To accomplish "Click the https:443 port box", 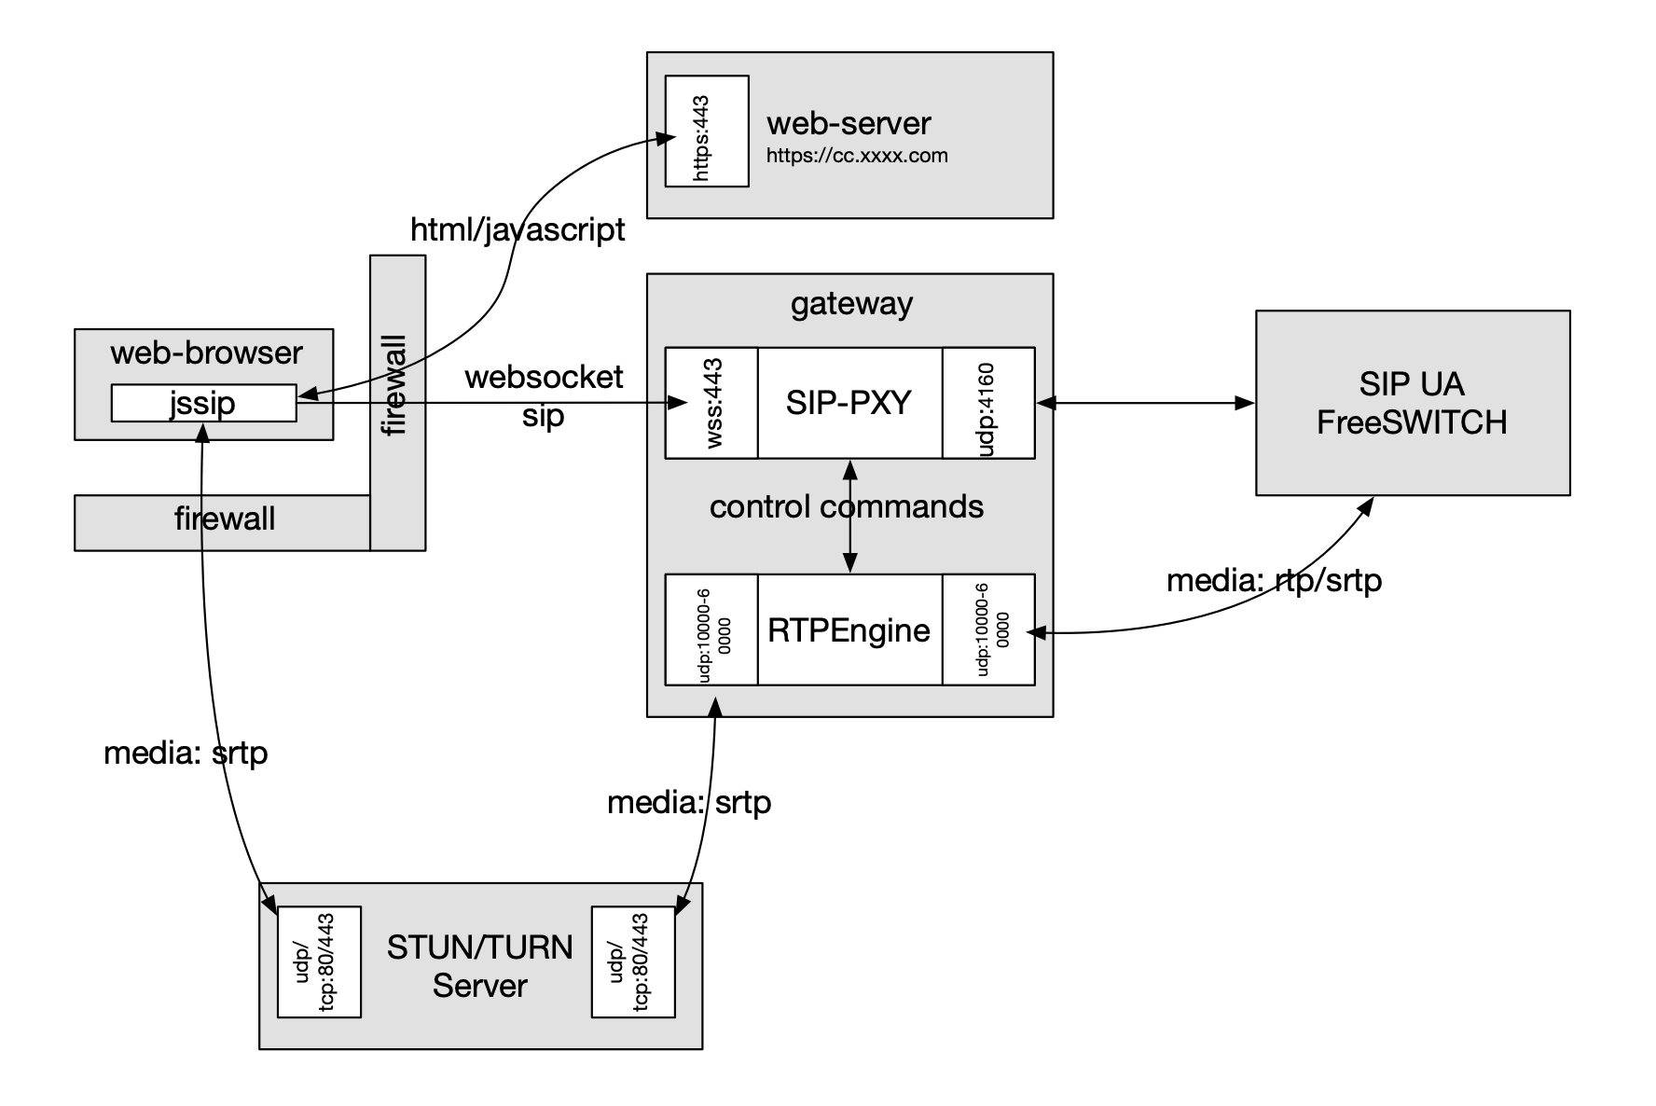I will click(706, 131).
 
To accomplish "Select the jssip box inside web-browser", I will click(203, 403).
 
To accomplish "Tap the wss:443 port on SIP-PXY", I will click(711, 403).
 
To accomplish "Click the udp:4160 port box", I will click(988, 403).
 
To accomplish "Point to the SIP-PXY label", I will click(849, 403).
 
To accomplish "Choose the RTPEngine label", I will click(849, 630).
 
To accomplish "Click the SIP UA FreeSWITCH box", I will click(1412, 403).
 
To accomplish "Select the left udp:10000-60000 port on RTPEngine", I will click(711, 630).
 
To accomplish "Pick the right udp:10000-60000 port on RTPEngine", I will click(988, 630).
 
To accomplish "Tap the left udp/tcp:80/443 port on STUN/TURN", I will click(319, 962).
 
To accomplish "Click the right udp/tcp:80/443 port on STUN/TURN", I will click(633, 962).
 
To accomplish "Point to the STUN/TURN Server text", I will click(479, 966).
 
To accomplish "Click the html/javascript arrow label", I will click(517, 229).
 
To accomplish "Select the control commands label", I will click(846, 506).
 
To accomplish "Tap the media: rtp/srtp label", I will click(1274, 581).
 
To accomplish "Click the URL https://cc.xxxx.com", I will click(857, 156).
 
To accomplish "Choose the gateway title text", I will click(851, 304).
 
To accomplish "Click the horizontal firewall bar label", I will click(225, 518).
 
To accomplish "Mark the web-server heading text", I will click(849, 123).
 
